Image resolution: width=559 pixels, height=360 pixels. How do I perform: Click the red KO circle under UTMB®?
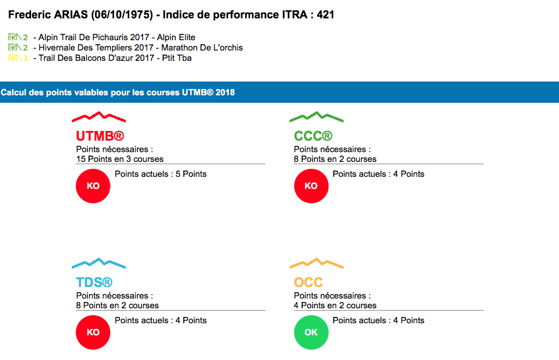coord(93,186)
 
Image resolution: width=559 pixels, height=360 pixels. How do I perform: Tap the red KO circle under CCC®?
coord(311,186)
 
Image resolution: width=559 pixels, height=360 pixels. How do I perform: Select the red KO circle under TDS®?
coord(93,332)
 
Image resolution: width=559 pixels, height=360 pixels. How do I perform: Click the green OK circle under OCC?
coord(311,332)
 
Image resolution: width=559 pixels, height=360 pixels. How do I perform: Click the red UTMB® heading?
coord(100,136)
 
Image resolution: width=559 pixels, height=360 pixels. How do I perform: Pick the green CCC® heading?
coord(313,136)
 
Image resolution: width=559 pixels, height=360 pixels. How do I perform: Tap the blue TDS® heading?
coord(94,282)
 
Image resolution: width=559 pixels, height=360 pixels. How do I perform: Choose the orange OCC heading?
coord(309,282)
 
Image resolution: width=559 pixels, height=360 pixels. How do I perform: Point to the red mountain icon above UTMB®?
coord(99,117)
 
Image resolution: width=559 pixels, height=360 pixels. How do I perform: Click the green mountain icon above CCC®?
coord(317,117)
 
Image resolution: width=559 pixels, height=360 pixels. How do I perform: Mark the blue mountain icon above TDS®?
coord(99,264)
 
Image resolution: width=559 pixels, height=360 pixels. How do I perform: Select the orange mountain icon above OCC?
coord(317,264)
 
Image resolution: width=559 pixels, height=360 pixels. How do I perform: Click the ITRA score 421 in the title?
coord(326,15)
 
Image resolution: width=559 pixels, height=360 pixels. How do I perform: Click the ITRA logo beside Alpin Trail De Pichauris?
coord(18,37)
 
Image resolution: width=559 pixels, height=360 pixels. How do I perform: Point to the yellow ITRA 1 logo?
coord(18,58)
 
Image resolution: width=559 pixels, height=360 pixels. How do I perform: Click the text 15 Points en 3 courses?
coord(119,159)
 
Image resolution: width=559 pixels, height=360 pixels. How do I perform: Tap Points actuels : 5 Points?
coord(161,174)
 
